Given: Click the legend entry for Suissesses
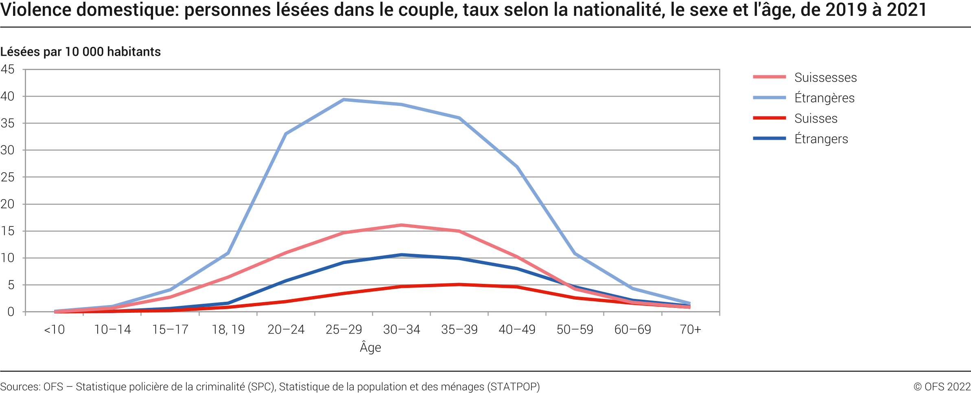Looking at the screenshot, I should pos(825,77).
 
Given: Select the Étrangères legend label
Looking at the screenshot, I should pos(824,98).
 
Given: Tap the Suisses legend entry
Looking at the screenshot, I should pos(816,119).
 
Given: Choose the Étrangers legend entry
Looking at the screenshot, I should pos(821,139).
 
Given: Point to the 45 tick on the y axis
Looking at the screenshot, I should pos(7,69).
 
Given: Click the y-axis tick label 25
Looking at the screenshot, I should pos(7,177).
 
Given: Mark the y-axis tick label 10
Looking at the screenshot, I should pos(7,258).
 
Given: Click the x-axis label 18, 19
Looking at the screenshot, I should pos(228,329).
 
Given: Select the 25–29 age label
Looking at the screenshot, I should pos(343,329).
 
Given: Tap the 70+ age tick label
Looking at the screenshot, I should pos(690,329).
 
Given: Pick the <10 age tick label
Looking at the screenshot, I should pos(54,329).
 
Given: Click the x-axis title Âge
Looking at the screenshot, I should pos(370,347).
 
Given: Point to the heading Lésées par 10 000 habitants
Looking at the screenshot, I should pos(80,52).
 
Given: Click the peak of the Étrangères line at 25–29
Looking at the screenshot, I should pos(343,99).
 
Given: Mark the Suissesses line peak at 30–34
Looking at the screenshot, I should pos(401,225).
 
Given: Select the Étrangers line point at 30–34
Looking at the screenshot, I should pos(401,255).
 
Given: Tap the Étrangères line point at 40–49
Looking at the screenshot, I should pos(517,167).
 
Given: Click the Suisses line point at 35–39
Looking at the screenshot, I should pos(459,285).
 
